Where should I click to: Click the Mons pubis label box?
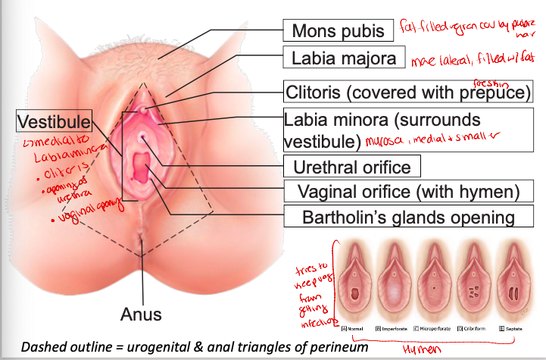pos(339,31)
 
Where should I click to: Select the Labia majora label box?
pos(342,58)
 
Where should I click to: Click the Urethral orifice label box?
pos(351,167)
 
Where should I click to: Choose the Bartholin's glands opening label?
pos(398,217)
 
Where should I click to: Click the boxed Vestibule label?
pos(54,121)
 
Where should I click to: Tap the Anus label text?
pos(141,313)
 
